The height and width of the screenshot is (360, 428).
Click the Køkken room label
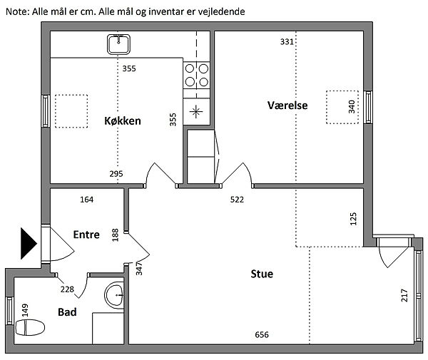pyautogui.click(x=123, y=120)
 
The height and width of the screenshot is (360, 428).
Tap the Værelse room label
pyautogui.click(x=287, y=106)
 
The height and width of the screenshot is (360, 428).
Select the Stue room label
pyautogui.click(x=262, y=274)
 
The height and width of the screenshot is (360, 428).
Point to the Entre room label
pyautogui.click(x=86, y=235)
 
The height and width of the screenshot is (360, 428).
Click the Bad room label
pyautogui.click(x=67, y=312)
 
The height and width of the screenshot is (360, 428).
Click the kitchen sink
pyautogui.click(x=118, y=44)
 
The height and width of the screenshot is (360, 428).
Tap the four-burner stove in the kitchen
pyautogui.click(x=197, y=76)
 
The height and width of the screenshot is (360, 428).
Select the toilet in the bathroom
pyautogui.click(x=30, y=327)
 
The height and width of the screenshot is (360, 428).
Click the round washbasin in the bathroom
pyautogui.click(x=114, y=295)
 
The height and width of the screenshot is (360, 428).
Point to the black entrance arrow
pyautogui.click(x=29, y=243)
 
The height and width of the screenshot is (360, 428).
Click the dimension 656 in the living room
pyautogui.click(x=262, y=334)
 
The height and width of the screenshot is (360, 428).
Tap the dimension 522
pyautogui.click(x=237, y=200)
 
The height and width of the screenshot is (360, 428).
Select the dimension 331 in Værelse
pyautogui.click(x=287, y=42)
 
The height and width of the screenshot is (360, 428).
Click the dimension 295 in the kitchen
pyautogui.click(x=116, y=174)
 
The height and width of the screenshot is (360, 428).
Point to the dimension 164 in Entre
pyautogui.click(x=87, y=200)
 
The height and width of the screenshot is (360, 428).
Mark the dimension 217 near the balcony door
pyautogui.click(x=404, y=295)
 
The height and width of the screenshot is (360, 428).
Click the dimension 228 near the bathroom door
pyautogui.click(x=67, y=289)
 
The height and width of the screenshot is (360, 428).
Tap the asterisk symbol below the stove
pyautogui.click(x=196, y=111)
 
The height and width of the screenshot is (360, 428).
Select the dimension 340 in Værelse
pyautogui.click(x=352, y=107)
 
